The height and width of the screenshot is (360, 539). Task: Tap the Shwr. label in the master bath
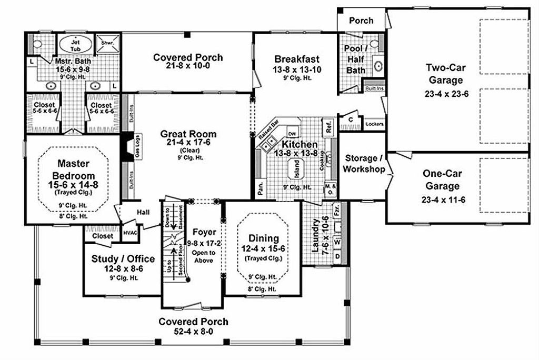pyautogui.click(x=106, y=42)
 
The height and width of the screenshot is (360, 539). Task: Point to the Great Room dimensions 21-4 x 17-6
pyautogui.click(x=188, y=143)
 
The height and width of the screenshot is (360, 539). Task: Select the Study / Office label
pyautogui.click(x=123, y=258)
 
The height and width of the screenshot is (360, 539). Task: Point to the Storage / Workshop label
pyautogui.click(x=361, y=164)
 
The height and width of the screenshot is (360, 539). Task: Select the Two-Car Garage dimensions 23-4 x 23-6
pyautogui.click(x=445, y=93)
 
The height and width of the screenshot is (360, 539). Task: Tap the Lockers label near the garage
pyautogui.click(x=374, y=125)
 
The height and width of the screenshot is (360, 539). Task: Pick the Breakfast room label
pyautogui.click(x=297, y=58)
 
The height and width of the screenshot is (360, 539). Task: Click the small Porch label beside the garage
pyautogui.click(x=362, y=21)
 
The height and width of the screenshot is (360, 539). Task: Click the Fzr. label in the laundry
pyautogui.click(x=337, y=209)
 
